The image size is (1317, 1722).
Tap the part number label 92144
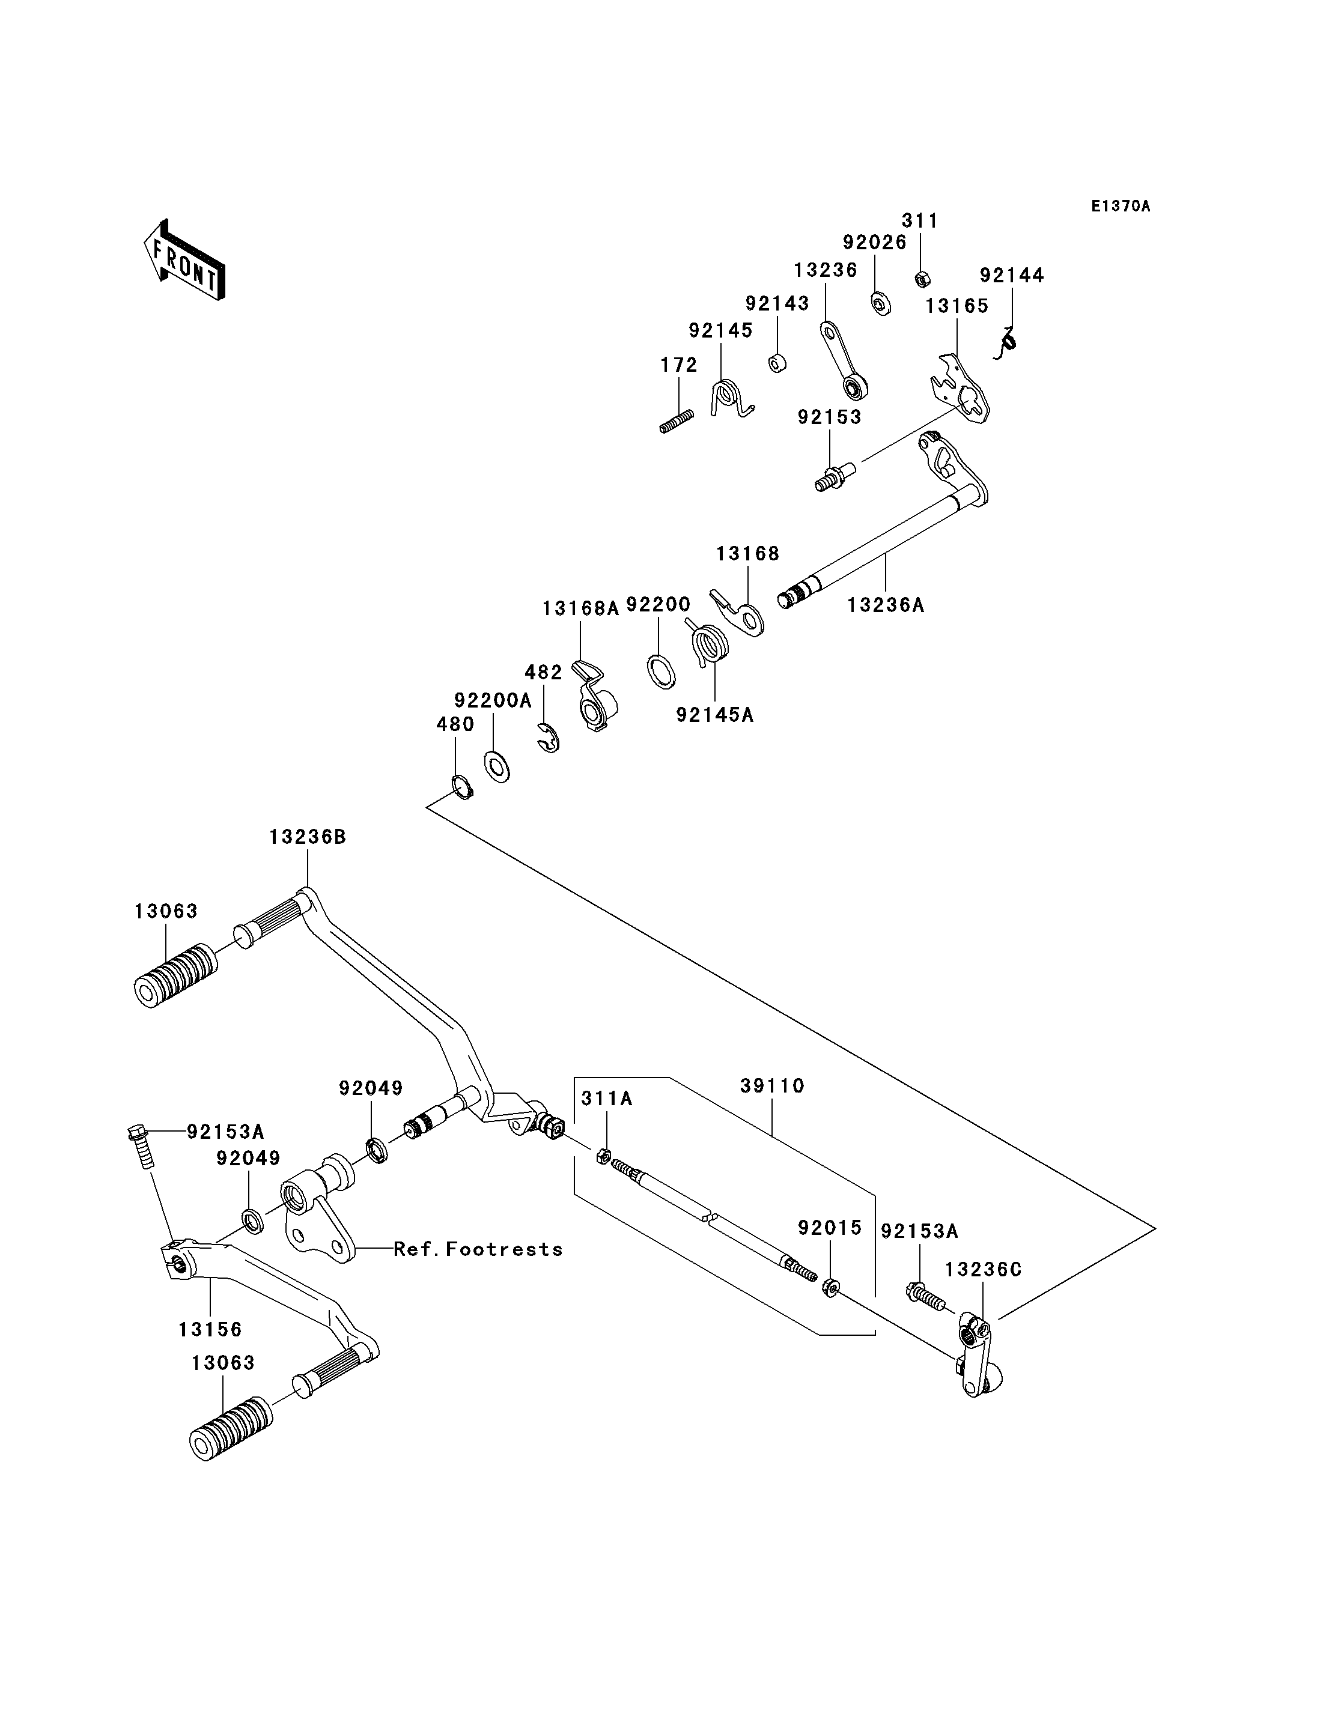click(1012, 275)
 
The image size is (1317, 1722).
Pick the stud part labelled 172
click(677, 422)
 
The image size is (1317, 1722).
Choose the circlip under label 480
click(463, 787)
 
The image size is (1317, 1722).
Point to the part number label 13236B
click(307, 837)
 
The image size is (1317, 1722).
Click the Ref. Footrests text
click(478, 1249)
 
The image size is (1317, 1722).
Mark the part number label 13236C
click(983, 1270)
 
